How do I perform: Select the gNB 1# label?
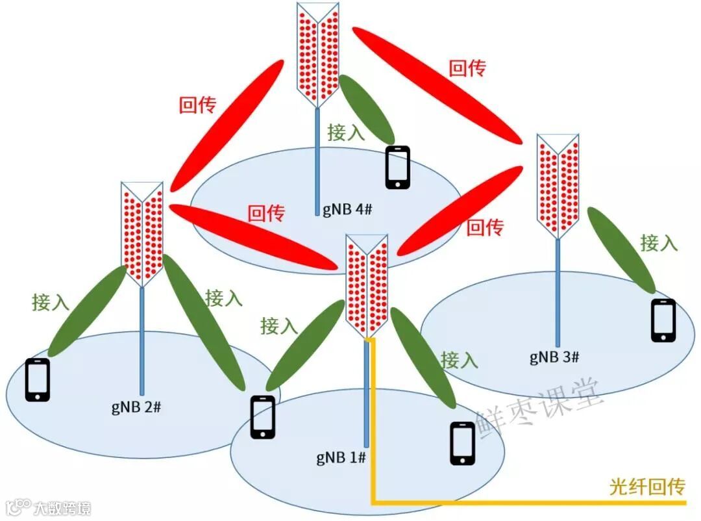tap(341, 457)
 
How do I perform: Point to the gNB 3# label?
tap(554, 356)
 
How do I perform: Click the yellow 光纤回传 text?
tap(647, 487)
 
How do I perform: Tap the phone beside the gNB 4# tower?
tap(397, 168)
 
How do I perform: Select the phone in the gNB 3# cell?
tap(663, 320)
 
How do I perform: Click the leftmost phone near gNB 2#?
tap(38, 380)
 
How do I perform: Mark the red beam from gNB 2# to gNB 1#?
tap(253, 235)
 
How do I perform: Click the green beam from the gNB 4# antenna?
tap(367, 109)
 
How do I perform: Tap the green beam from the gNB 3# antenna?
tap(621, 249)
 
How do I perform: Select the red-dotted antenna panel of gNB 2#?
tap(142, 234)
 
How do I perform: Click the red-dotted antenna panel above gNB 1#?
tap(367, 286)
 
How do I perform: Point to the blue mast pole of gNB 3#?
tap(558, 292)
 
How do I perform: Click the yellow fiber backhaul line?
tap(519, 502)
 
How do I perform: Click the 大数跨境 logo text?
tap(62, 507)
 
